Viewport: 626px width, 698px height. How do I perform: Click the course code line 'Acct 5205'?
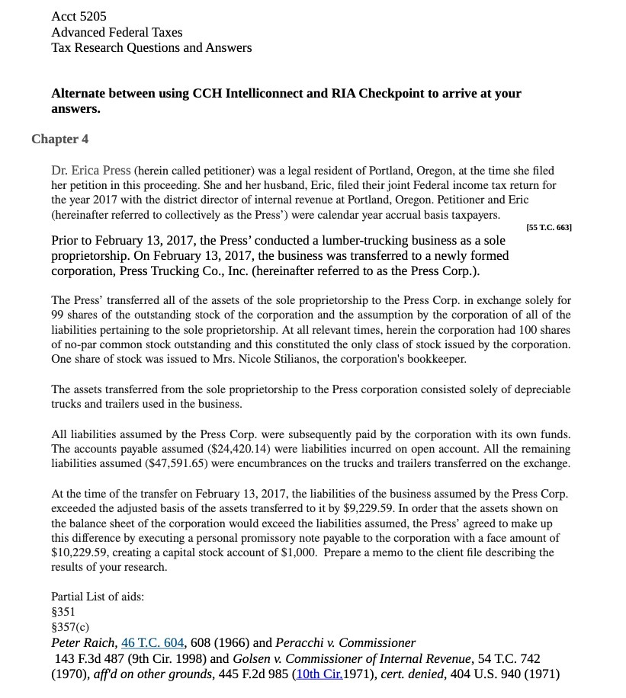coord(79,16)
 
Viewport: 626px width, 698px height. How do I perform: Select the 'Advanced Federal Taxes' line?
coord(117,32)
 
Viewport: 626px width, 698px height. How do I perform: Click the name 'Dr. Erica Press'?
coord(91,170)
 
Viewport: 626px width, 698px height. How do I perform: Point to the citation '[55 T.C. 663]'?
coord(549,228)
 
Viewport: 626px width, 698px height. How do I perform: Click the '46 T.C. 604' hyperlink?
coord(152,642)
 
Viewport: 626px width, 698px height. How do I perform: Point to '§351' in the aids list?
coord(63,611)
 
